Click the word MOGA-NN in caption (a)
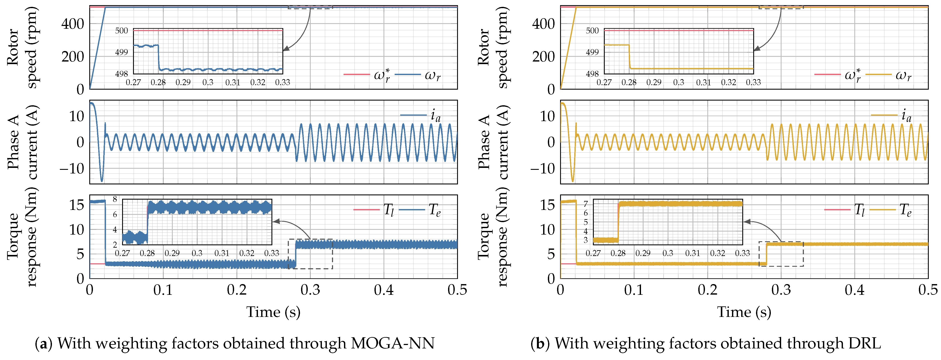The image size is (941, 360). pyautogui.click(x=393, y=343)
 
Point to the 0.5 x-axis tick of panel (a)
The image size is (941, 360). pyautogui.click(x=457, y=290)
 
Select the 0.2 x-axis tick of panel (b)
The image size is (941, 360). pyautogui.click(x=708, y=290)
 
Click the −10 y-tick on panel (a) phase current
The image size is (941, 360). pyautogui.click(x=72, y=169)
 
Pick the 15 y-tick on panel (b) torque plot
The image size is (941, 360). pyautogui.click(x=547, y=205)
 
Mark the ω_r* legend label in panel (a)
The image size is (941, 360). pyautogui.click(x=382, y=75)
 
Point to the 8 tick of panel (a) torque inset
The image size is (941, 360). pyautogui.click(x=115, y=199)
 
